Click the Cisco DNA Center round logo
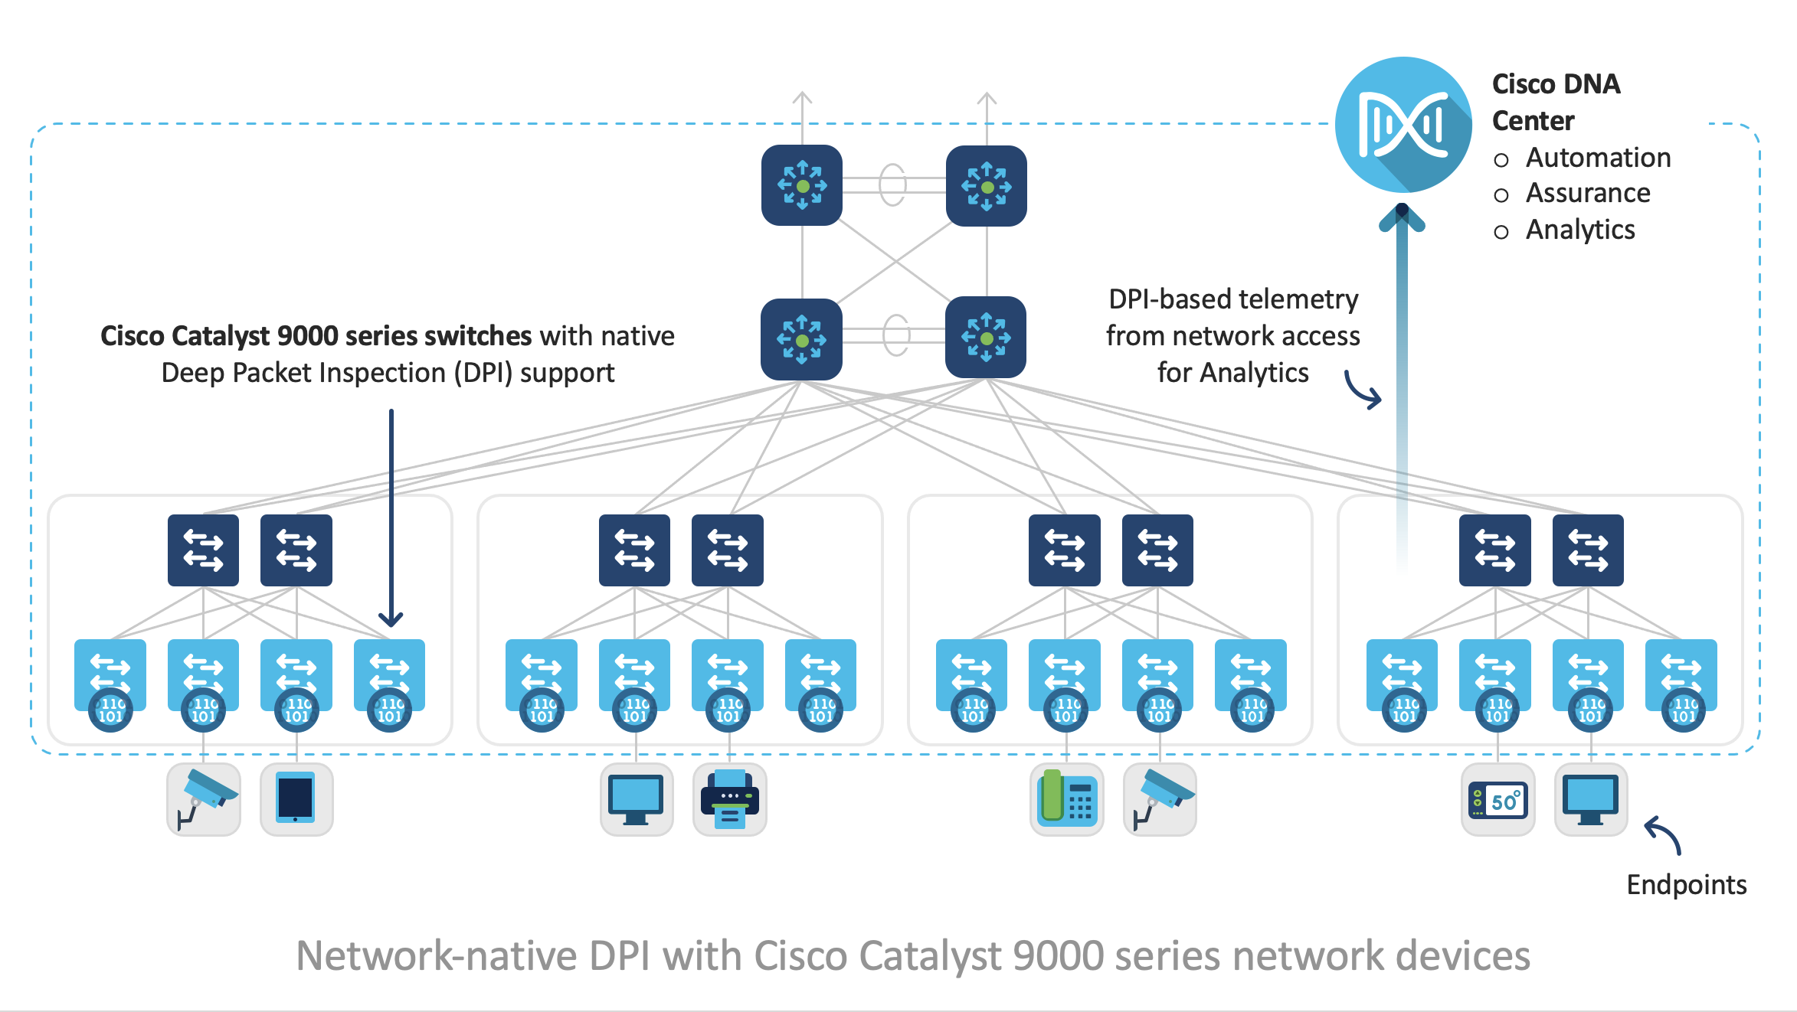click(1403, 125)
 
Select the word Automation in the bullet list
click(1598, 158)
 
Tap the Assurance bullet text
click(1587, 193)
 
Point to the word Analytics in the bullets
click(1579, 230)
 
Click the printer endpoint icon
click(729, 799)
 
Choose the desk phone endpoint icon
click(1066, 799)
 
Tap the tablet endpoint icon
click(296, 799)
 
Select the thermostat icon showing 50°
click(1497, 801)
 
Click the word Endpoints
click(1686, 885)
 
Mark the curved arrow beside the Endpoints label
click(1664, 834)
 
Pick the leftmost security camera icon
click(204, 799)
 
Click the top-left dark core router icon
click(801, 185)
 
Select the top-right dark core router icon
click(986, 186)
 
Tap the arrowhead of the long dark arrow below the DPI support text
click(391, 619)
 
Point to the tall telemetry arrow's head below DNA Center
click(1402, 218)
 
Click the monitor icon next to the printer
click(636, 799)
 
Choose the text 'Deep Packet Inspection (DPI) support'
click(388, 373)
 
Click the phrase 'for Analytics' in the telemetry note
click(1232, 373)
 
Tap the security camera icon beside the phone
click(1160, 799)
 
